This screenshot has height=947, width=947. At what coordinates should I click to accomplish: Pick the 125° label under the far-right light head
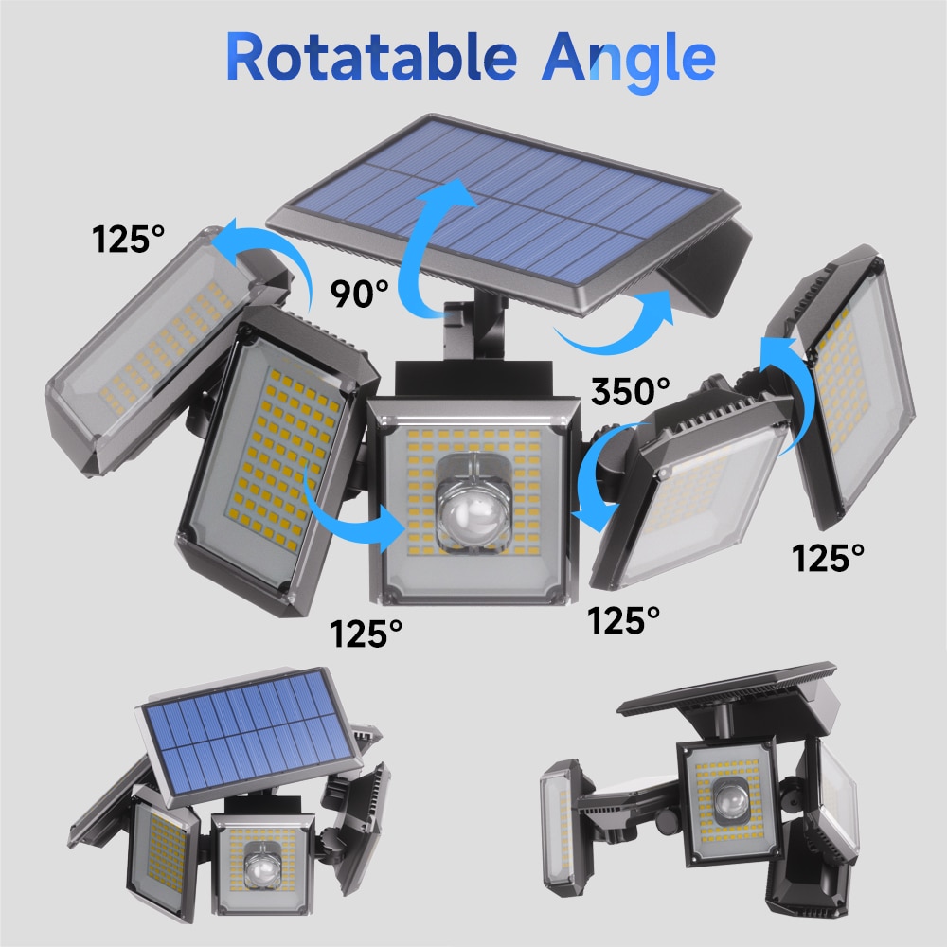click(829, 558)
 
